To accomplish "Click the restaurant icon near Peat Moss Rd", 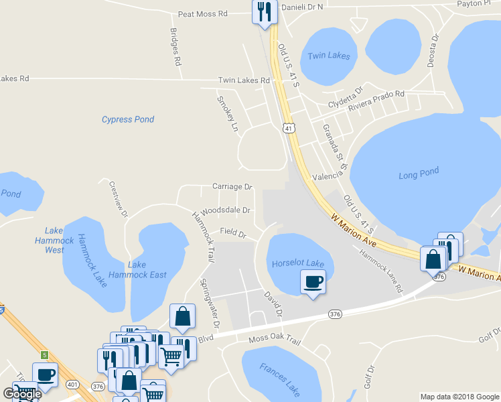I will pos(265,11).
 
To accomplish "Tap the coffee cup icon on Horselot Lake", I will pos(313,280).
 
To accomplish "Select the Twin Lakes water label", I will pos(328,56).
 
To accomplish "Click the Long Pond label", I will pos(419,173).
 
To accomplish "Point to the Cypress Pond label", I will pos(128,119).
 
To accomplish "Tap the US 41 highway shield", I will pos(288,127).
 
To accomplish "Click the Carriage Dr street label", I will pos(232,186).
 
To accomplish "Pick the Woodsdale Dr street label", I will pos(225,210).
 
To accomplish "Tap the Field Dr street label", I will pos(233,233).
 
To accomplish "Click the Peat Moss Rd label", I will pos(203,13).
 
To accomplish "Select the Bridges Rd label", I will pos(175,47).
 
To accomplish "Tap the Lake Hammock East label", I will pos(147,269).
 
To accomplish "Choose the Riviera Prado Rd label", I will pos(375,99).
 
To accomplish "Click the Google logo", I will pos(22,394).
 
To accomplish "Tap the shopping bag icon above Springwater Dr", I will pos(182,317).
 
